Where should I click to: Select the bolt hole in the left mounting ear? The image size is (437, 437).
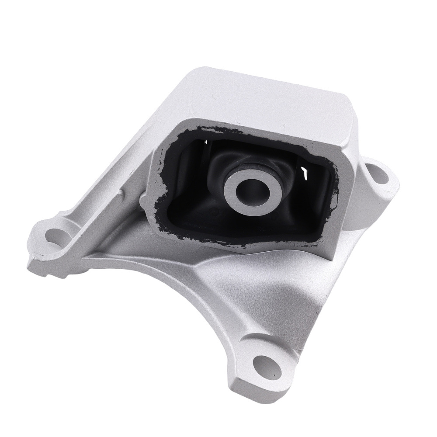pos(55,236)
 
